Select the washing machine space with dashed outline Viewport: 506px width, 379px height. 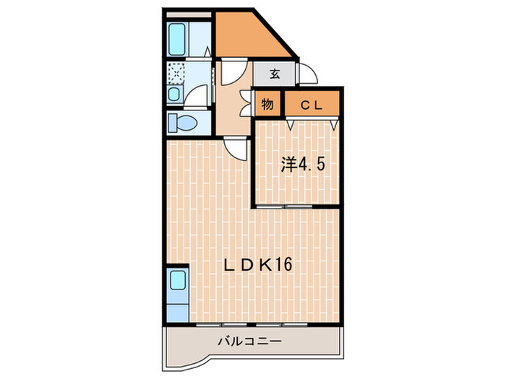[176, 72]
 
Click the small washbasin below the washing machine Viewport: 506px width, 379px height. [174, 94]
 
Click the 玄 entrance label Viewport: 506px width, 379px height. [275, 73]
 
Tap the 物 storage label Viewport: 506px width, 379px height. [267, 104]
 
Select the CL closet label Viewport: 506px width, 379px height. [311, 104]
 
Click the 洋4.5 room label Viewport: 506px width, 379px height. [303, 165]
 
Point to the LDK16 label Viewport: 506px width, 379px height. [257, 266]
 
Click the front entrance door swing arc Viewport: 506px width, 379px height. [306, 74]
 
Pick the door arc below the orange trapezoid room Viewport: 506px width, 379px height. [233, 72]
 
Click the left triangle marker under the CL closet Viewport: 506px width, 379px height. [291, 124]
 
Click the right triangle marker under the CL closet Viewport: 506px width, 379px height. [333, 124]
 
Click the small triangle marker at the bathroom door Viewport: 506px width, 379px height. [207, 53]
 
